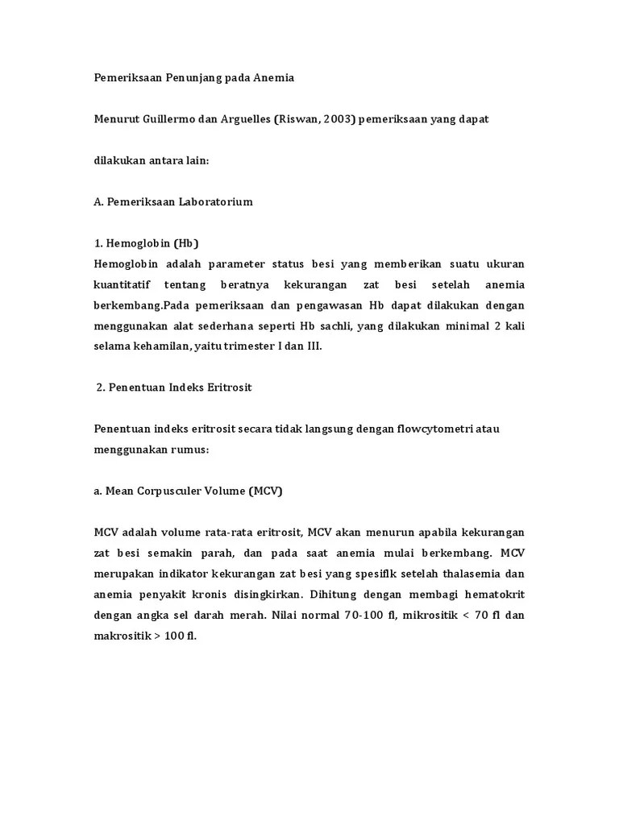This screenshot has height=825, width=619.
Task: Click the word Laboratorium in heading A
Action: click(x=212, y=201)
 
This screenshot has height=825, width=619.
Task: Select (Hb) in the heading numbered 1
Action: click(x=183, y=243)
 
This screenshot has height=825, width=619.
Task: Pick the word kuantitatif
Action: click(x=122, y=284)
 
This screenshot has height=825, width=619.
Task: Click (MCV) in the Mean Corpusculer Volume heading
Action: click(x=265, y=491)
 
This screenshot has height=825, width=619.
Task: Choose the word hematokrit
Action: click(x=491, y=594)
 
